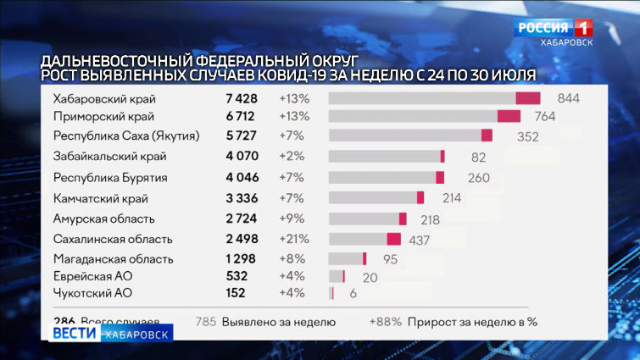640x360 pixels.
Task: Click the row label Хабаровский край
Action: pos(104,98)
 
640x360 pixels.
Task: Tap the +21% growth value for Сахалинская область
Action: pos(293,239)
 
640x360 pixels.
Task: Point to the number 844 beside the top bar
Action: pos(568,98)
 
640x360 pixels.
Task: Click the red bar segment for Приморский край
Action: pos(509,116)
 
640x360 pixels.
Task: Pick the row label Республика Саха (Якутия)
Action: pos(125,136)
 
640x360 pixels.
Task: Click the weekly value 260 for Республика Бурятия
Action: pos(478,178)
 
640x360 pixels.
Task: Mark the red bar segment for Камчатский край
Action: pos(420,198)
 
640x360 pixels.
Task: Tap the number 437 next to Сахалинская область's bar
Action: pos(419,240)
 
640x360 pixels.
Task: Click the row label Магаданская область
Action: pos(113,259)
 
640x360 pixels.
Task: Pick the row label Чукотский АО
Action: pos(92,293)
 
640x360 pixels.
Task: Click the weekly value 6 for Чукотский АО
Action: pos(353,294)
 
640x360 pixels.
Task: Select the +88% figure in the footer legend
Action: pos(384,322)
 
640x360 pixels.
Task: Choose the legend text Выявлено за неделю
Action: pos(278,322)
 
